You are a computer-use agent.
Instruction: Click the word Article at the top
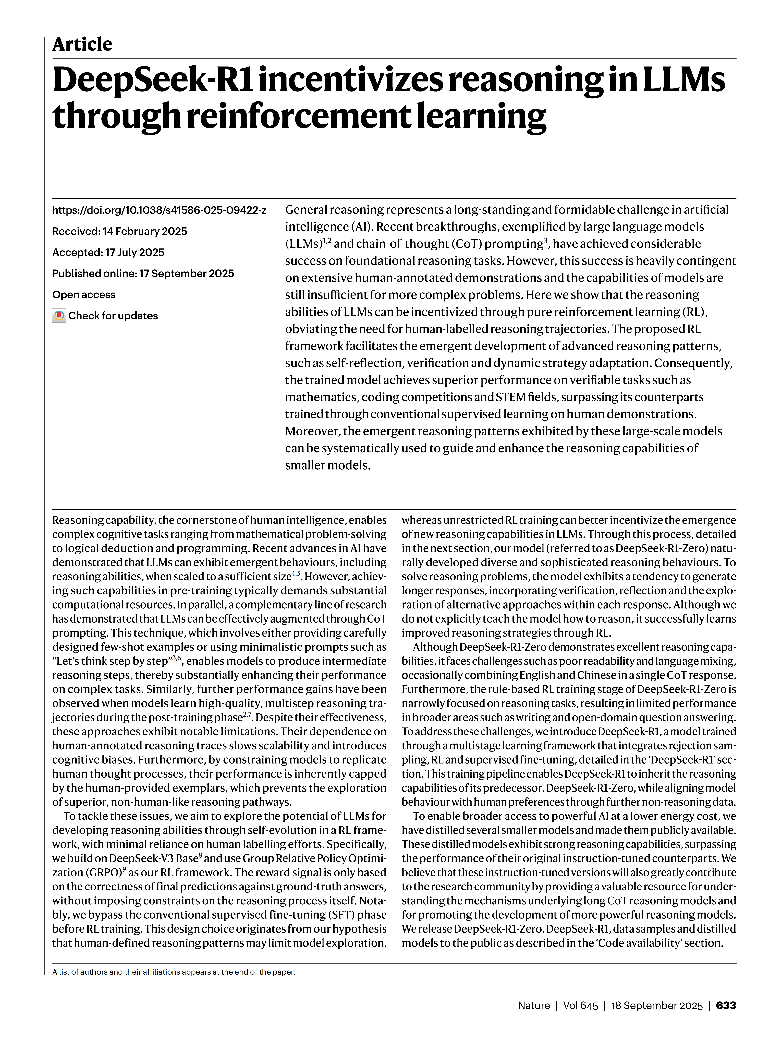(82, 44)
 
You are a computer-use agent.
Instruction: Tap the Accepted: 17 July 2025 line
(108, 252)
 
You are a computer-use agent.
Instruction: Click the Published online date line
(143, 273)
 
